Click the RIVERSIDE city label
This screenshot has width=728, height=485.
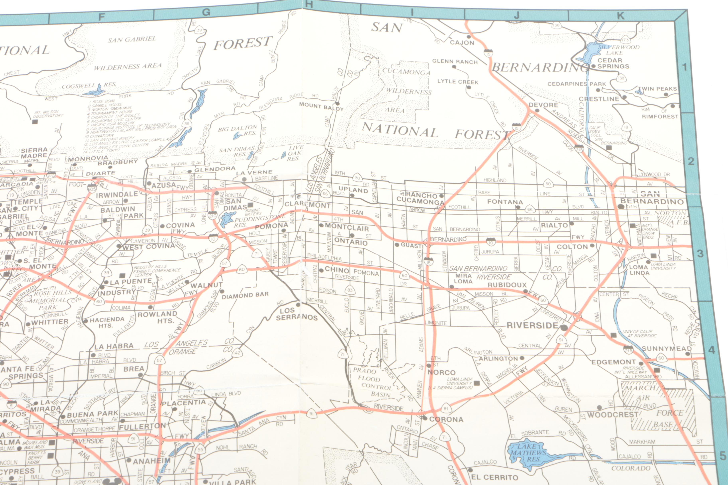tap(532, 326)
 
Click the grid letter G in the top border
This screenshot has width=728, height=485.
tap(206, 12)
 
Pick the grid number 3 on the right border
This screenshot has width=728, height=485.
tap(700, 254)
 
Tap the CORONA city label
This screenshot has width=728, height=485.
tap(446, 419)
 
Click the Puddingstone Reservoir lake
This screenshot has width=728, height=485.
tap(227, 219)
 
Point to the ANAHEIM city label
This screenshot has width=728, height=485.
tap(152, 461)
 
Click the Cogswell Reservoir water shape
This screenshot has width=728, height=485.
tap(94, 91)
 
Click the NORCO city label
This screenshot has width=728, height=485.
tap(441, 372)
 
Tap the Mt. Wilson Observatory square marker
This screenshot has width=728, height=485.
tap(35, 122)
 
